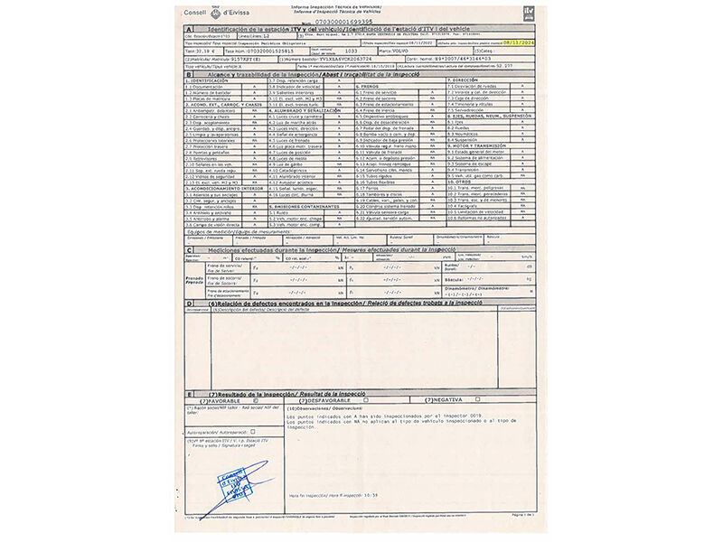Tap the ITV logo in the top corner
529,13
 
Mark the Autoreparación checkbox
254,432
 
